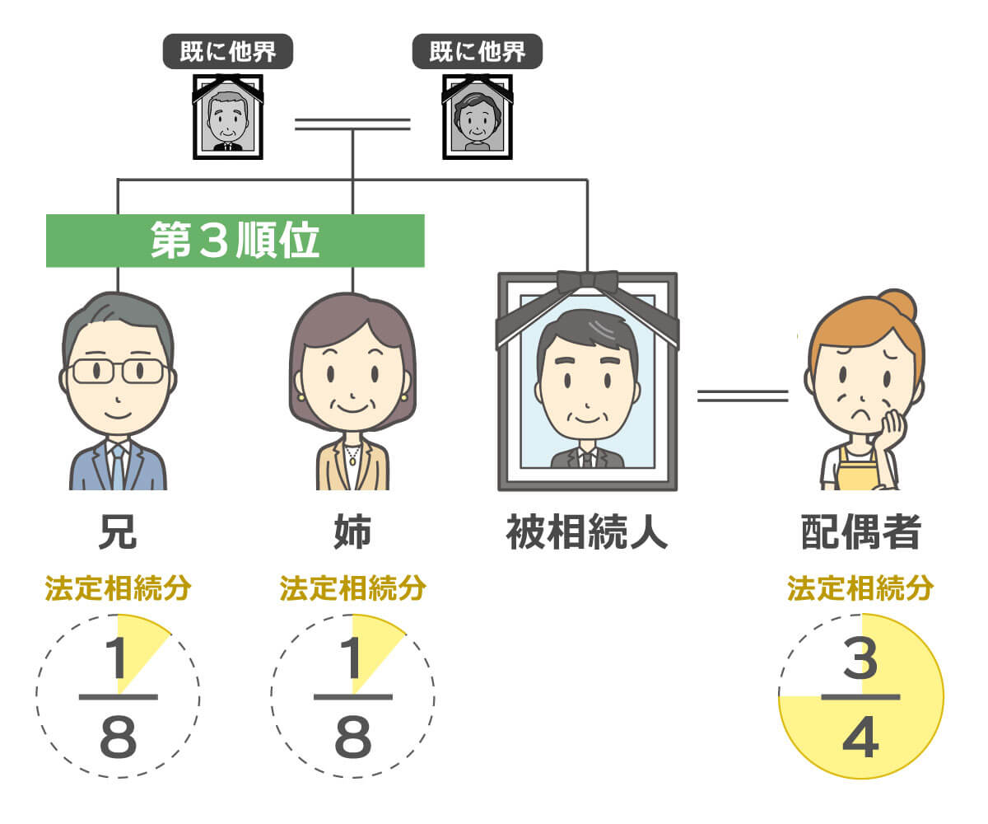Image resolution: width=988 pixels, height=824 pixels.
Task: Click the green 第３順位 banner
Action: tap(235, 241)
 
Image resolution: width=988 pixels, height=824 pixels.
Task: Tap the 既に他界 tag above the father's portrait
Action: tap(228, 52)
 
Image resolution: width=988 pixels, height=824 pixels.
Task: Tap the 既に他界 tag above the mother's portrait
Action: tap(478, 52)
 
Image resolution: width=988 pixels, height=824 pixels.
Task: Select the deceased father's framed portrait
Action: tap(228, 118)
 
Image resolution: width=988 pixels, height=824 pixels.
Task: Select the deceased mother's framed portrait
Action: tap(477, 118)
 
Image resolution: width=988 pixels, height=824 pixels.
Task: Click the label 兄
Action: tap(118, 533)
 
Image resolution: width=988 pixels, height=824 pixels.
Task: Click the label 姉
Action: tap(352, 533)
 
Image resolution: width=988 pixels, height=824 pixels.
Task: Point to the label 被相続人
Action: tap(587, 533)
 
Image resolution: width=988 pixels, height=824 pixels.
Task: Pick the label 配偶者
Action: tap(860, 533)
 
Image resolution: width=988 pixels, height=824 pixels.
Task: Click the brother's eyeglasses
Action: tap(118, 371)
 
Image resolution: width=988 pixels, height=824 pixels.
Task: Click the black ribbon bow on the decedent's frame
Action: tap(587, 282)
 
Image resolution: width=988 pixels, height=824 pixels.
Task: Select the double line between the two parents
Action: tap(352, 124)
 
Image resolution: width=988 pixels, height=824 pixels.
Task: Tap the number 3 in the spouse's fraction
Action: tap(860, 660)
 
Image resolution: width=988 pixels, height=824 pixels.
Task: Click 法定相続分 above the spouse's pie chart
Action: tap(860, 589)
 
